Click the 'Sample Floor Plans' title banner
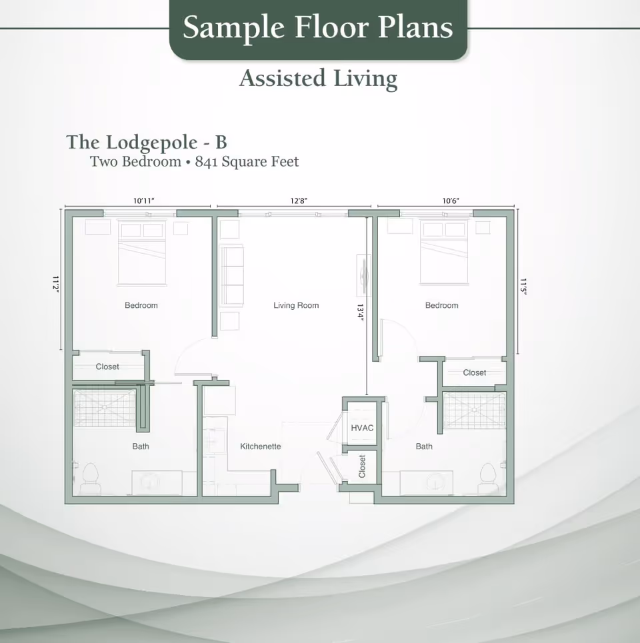318,28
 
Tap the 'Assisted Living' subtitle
318,79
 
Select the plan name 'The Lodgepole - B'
147,142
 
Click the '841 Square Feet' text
247,161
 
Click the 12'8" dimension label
298,201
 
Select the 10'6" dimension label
451,201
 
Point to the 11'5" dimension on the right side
524,288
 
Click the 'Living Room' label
296,305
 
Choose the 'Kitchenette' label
260,446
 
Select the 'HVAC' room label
362,428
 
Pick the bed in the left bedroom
141,254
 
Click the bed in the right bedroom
443,254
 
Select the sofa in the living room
231,275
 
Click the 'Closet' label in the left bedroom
107,366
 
